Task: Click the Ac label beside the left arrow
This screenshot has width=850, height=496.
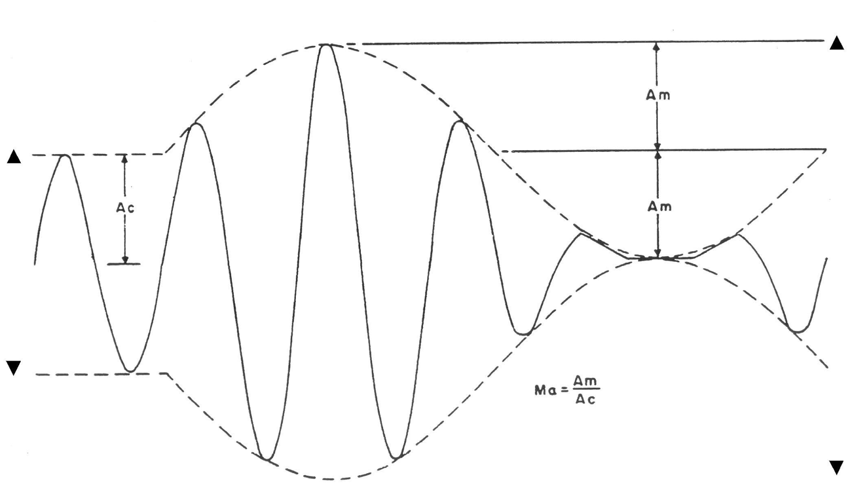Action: point(125,208)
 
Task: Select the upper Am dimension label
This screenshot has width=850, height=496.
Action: point(658,95)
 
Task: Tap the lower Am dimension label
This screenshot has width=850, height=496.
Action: point(659,207)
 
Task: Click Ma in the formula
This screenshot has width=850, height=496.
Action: point(545,390)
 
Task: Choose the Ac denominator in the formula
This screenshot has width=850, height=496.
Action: point(585,399)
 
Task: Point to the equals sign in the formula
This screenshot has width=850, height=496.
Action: point(565,390)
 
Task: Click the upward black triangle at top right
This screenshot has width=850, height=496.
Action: point(836,43)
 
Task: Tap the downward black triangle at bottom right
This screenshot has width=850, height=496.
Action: point(836,467)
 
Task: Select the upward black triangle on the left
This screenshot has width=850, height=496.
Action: point(14,157)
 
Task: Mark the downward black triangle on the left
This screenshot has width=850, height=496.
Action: point(13,367)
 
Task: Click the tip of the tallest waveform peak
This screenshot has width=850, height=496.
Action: point(326,45)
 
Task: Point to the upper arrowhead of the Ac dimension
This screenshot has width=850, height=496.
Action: point(125,158)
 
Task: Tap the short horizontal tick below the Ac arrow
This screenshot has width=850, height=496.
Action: point(124,264)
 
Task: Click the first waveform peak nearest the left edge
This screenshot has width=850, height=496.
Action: point(65,156)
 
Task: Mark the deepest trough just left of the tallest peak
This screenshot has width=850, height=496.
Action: point(267,458)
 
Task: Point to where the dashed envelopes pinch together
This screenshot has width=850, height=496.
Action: point(658,258)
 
